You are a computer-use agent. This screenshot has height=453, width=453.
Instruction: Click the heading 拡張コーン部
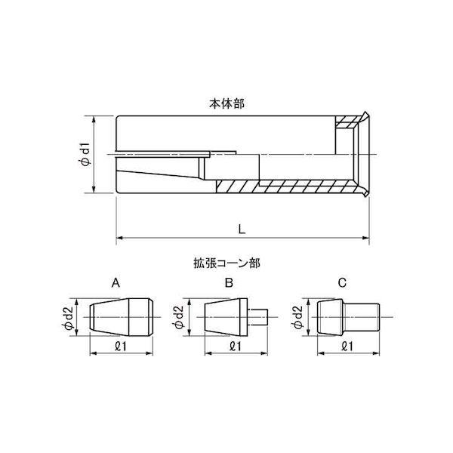[226, 265]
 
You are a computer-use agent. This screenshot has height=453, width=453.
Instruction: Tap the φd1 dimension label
[85, 155]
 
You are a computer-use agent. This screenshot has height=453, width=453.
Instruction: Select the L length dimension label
[239, 227]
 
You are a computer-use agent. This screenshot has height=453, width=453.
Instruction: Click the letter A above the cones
[116, 283]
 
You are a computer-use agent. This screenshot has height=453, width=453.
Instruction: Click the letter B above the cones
[229, 283]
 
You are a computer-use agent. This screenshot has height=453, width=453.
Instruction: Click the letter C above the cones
[342, 283]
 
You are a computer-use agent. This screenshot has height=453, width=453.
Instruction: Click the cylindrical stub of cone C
[365, 316]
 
